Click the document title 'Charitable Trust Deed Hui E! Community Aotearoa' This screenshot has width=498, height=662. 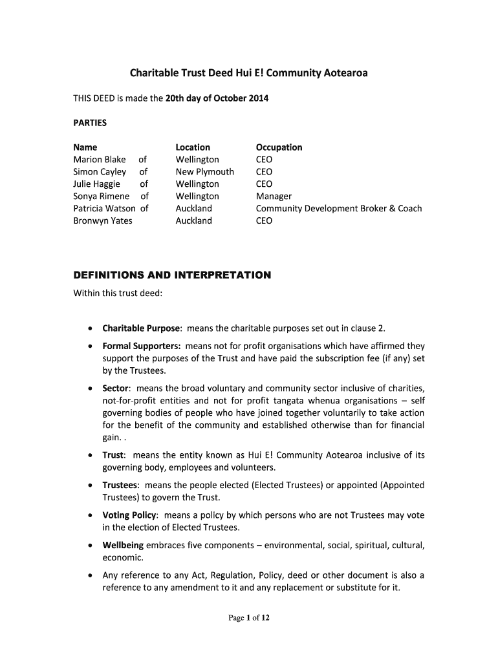point(248,73)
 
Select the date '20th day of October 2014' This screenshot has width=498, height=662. point(217,98)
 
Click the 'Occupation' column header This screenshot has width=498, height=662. point(279,147)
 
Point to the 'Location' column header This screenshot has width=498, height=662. point(193,147)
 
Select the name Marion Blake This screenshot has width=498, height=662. point(100,160)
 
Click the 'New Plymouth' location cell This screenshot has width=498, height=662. point(204,172)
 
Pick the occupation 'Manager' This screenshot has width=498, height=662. point(274,197)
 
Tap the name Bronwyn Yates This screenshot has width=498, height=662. point(102,221)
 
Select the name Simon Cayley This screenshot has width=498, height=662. point(100,172)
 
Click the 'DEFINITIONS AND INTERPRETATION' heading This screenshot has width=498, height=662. point(172,275)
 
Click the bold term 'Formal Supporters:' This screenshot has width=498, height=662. point(142,347)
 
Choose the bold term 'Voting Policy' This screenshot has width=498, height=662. point(129,516)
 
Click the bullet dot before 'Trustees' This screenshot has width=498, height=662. point(89,486)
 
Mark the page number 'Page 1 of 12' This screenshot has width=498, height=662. point(249,618)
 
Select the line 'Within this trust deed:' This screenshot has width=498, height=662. point(117,294)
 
